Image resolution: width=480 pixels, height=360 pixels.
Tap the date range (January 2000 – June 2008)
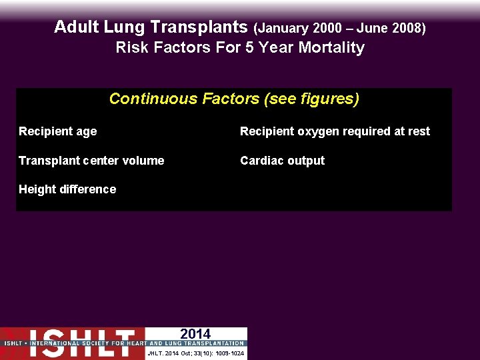[340, 28]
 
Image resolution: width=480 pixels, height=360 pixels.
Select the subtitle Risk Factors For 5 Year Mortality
[240, 48]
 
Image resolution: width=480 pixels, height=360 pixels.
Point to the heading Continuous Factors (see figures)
[234, 99]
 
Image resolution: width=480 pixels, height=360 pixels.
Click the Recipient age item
[57, 132]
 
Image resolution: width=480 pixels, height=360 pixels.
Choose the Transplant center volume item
[91, 161]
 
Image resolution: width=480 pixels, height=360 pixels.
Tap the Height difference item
[67, 189]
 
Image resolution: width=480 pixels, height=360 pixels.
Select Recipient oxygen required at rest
[335, 132]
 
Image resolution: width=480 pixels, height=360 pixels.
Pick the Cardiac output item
[282, 161]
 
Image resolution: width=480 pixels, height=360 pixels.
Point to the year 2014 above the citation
[195, 334]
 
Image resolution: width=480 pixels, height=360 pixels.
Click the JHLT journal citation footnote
[195, 353]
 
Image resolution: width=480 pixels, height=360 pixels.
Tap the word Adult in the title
[75, 27]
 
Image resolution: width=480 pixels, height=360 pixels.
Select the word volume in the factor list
[145, 161]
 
